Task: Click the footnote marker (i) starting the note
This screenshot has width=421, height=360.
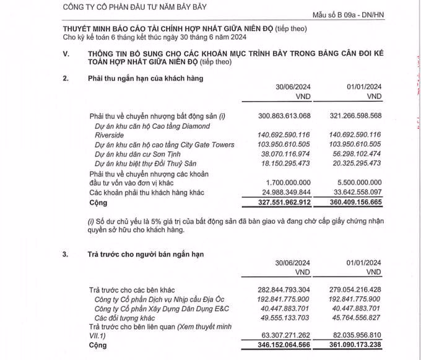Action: click(x=92, y=221)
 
